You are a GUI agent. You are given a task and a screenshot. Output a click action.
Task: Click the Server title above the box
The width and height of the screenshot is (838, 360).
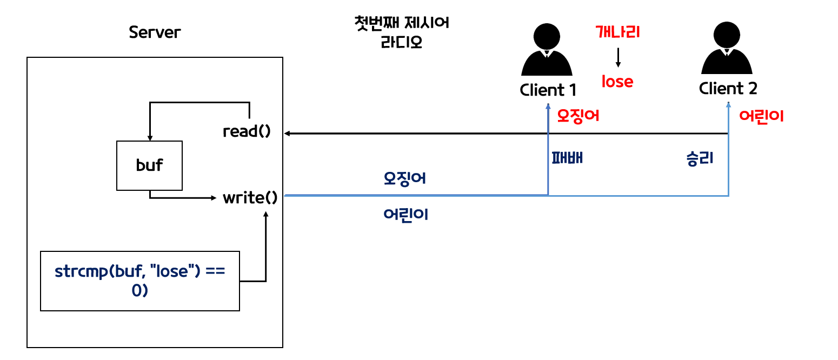pos(155,32)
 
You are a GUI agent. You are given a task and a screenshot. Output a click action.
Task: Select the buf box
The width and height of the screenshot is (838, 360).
pos(150,165)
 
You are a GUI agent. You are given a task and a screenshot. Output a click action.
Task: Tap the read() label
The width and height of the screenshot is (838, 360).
pos(247,131)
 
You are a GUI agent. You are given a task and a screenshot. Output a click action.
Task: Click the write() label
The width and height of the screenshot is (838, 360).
pos(250,198)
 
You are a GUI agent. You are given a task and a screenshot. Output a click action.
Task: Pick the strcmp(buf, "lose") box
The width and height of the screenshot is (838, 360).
pos(140,281)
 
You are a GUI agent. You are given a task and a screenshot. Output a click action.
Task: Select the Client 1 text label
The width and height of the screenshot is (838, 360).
pos(548,89)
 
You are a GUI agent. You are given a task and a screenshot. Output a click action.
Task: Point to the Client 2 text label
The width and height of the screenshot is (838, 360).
pos(728,88)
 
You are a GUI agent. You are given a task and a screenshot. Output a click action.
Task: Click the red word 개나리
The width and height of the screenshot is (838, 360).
pos(618,32)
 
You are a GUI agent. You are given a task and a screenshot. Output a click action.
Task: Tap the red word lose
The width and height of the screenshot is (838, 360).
pos(617,82)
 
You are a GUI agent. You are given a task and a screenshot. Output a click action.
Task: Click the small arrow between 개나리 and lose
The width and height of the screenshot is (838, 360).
pos(618,57)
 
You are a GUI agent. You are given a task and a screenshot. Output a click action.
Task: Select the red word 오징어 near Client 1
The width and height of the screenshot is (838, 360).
pos(578,116)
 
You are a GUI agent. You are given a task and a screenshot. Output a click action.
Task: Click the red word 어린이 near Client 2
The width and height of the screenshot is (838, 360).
pos(761,116)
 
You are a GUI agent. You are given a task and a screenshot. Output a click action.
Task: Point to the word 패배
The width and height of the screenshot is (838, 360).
pos(567,158)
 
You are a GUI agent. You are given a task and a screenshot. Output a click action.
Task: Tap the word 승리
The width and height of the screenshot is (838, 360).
pos(700,158)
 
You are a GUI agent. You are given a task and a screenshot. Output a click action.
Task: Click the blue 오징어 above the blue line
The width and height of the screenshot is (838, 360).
pos(405,178)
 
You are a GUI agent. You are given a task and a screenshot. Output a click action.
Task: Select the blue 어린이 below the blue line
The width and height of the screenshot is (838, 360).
pos(405,215)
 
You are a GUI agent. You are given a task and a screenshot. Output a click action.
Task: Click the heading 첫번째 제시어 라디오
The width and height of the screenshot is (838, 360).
pos(401,33)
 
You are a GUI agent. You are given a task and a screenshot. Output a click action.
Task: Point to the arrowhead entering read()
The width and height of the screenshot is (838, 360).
pos(289,133)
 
